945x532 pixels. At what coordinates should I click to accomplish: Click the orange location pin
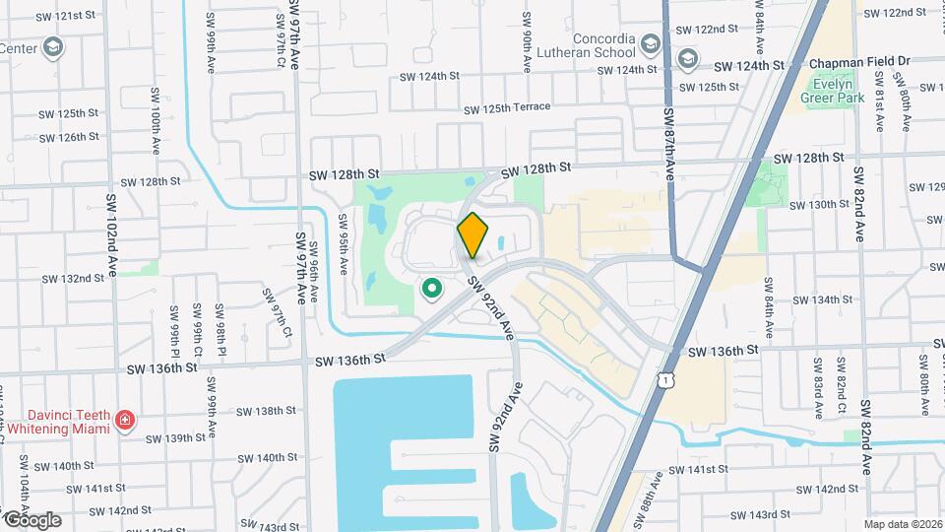pos(472,234)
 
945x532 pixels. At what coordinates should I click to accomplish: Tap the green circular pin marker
pos(430,289)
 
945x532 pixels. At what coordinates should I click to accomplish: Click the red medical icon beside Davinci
pos(125,422)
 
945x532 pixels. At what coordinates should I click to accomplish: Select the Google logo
pos(32,519)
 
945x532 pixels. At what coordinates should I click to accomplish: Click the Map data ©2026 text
pos(902,524)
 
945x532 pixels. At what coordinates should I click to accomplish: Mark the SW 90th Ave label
pos(528,49)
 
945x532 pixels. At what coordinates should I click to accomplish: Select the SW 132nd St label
pos(73,279)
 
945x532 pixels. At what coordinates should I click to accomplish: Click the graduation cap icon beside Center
pos(52,46)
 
